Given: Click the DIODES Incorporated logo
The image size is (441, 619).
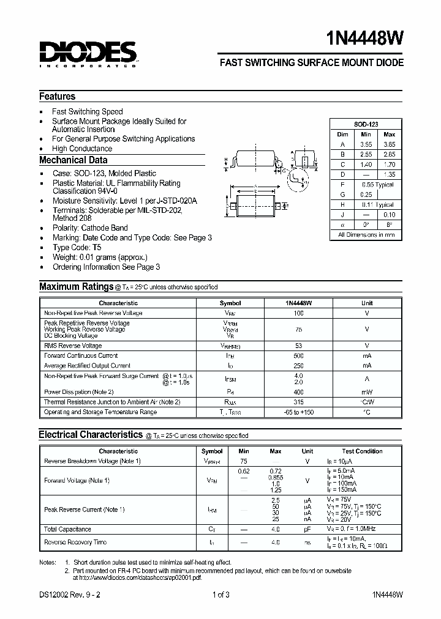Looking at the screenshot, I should (x=88, y=54).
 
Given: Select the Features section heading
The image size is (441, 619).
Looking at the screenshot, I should (x=58, y=97).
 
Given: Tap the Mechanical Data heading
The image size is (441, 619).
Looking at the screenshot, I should (x=73, y=160).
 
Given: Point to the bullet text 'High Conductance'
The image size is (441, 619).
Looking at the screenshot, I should (x=82, y=149).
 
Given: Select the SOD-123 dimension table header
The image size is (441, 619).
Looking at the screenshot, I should (x=366, y=124).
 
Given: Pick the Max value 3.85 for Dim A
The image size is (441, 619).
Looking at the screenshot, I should (x=389, y=144).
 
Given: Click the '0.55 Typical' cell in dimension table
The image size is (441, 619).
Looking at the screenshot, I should (x=377, y=184).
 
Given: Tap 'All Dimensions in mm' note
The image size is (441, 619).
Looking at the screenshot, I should (x=366, y=234).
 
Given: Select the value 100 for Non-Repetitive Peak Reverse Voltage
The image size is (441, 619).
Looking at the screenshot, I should (x=299, y=313).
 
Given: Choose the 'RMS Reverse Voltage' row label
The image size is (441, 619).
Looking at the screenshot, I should (x=73, y=346).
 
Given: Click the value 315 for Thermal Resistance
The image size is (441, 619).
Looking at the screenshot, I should (x=299, y=402).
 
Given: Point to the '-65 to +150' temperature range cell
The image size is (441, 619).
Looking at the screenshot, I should (x=299, y=412).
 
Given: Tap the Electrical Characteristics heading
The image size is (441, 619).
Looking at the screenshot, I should (x=91, y=435).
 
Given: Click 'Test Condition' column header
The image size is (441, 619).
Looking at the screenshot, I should (x=362, y=451).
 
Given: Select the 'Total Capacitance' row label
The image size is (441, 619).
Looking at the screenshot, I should (x=68, y=529).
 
